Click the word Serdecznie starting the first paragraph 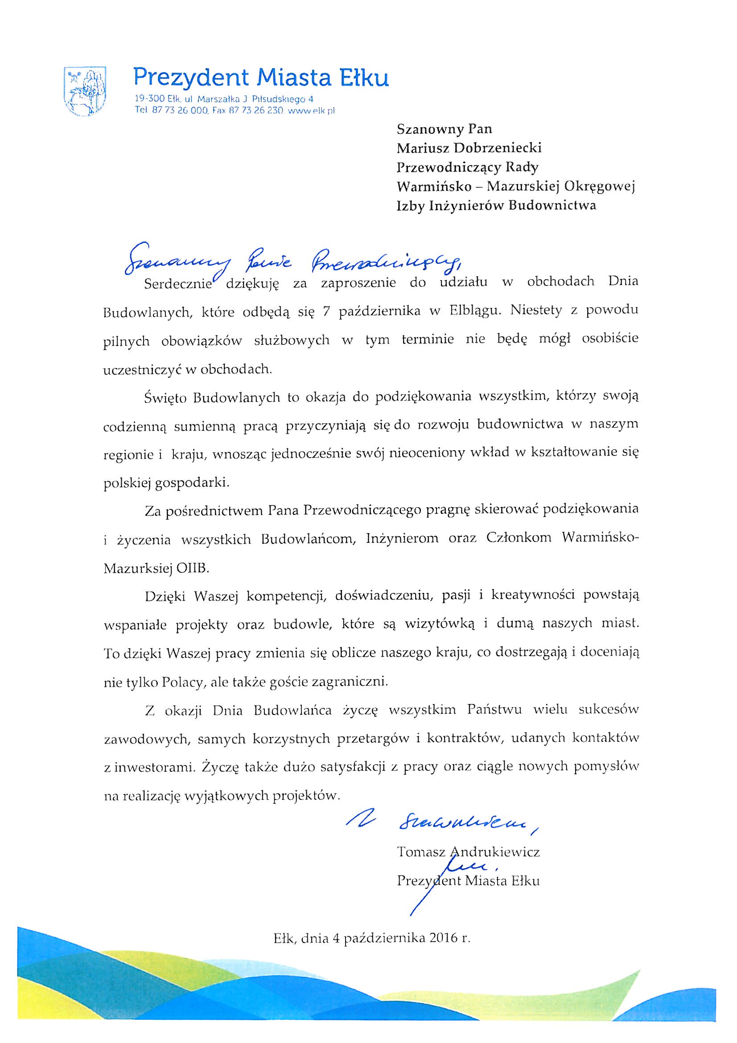click(178, 284)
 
